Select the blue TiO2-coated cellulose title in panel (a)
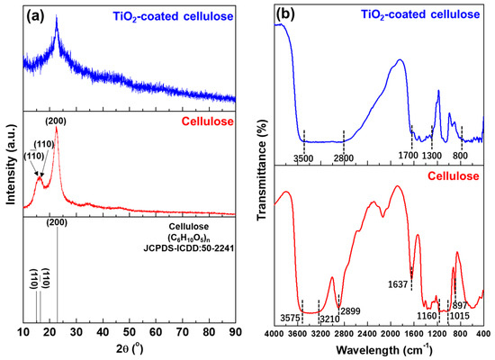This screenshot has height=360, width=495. [x=175, y=14]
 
